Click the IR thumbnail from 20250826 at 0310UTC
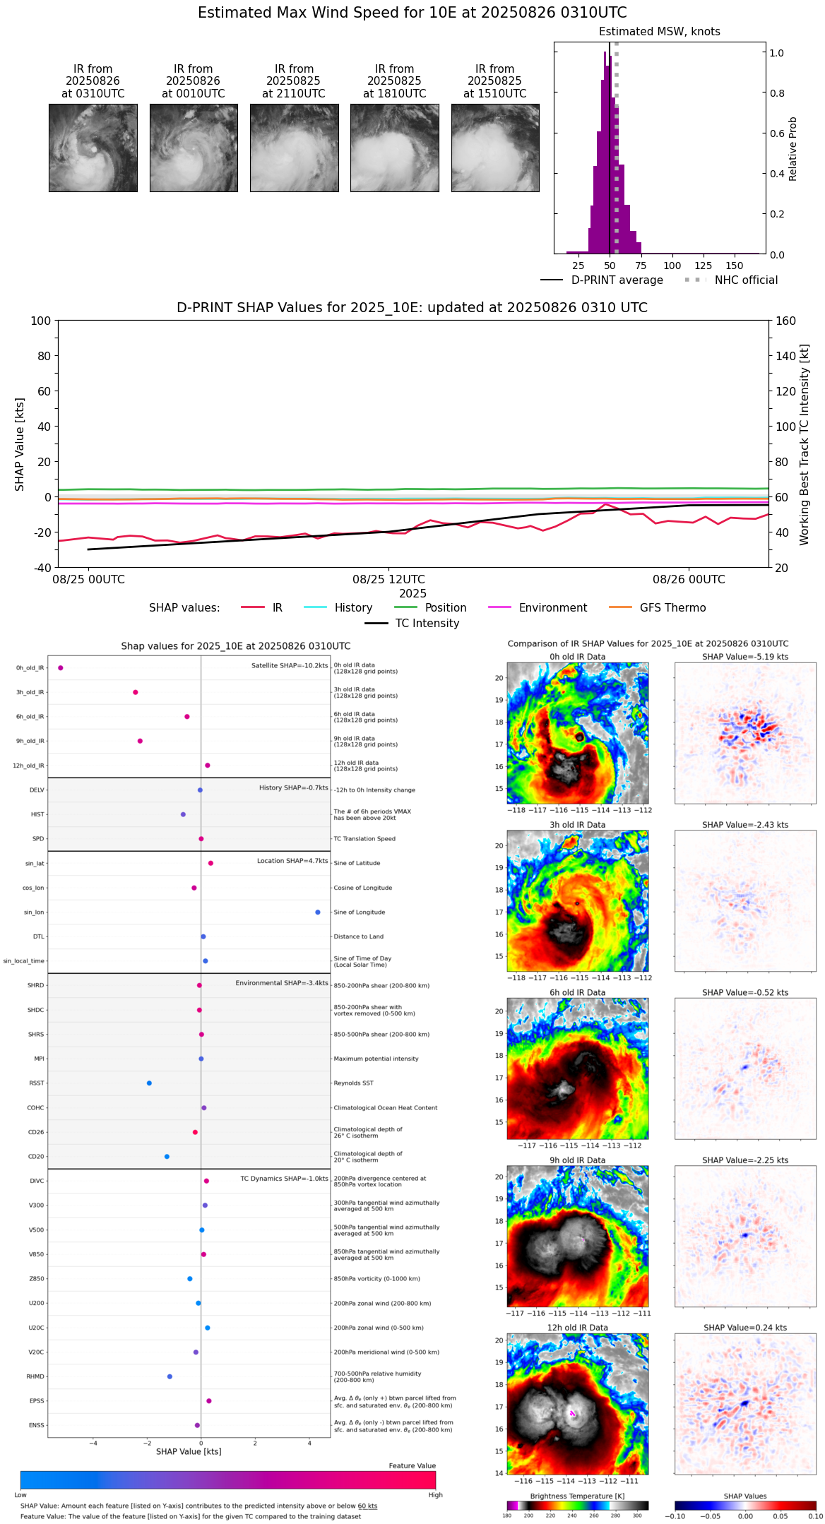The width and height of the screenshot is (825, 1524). click(93, 148)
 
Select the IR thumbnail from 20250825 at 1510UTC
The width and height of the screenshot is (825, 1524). click(495, 148)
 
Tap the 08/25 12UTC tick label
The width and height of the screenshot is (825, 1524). click(388, 580)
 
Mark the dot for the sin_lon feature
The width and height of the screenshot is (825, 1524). click(318, 912)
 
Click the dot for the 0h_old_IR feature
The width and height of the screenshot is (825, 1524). click(61, 667)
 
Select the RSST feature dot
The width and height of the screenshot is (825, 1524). click(149, 1083)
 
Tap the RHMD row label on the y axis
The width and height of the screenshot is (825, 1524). click(35, 1376)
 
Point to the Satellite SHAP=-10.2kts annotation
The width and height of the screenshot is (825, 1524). click(290, 666)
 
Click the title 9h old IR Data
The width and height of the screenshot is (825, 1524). click(577, 1160)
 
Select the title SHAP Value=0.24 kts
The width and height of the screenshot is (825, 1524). click(745, 1328)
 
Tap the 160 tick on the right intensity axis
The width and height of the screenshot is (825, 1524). click(786, 321)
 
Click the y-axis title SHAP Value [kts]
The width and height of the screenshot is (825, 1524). click(20, 444)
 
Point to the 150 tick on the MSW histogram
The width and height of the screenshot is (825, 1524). click(735, 266)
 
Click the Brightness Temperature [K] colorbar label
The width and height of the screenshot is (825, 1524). click(577, 1496)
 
